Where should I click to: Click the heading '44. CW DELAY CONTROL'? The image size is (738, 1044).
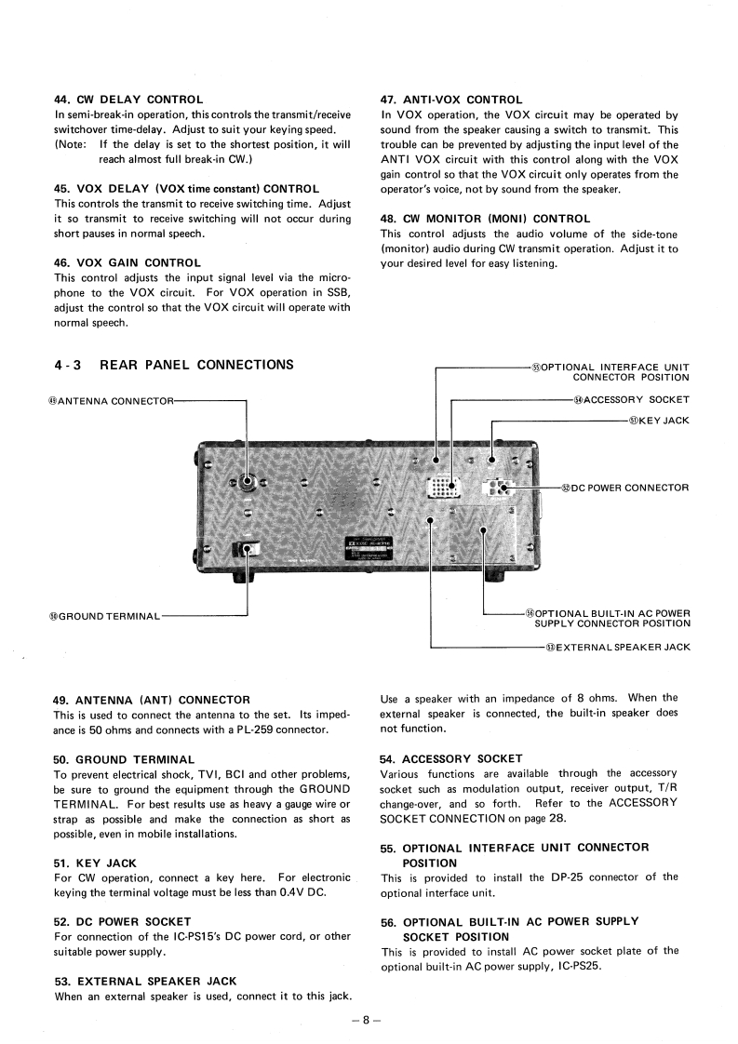(128, 100)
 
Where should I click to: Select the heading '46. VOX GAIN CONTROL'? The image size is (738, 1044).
(127, 263)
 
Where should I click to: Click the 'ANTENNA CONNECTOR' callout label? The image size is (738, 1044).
(110, 401)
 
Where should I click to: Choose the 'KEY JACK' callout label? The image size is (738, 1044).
(659, 421)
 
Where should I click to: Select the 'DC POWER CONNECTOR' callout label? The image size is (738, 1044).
(624, 488)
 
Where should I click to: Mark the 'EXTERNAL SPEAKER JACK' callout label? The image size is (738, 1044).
(618, 647)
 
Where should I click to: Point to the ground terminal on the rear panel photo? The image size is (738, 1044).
(247, 549)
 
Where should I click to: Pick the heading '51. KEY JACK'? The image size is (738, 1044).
(95, 863)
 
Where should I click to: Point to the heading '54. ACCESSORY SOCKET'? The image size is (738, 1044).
(451, 758)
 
